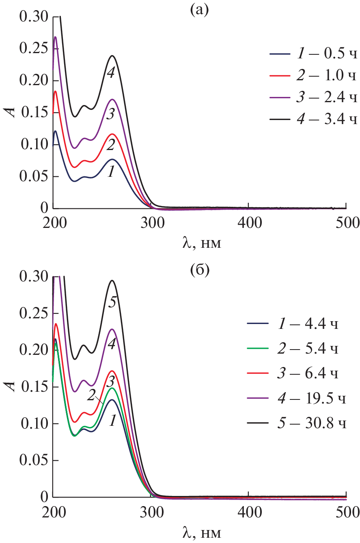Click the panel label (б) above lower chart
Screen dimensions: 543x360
click(199, 270)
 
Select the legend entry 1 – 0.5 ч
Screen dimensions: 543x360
click(313, 54)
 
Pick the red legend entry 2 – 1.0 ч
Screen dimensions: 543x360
click(313, 76)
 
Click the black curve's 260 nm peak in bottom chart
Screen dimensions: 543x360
click(112, 281)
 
